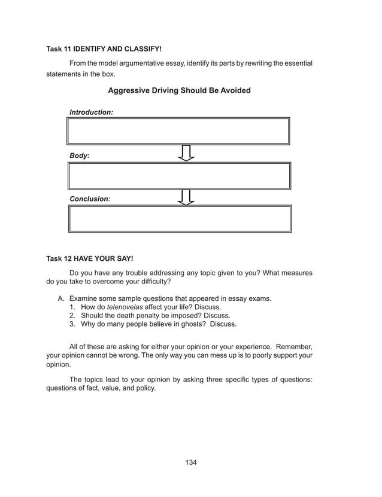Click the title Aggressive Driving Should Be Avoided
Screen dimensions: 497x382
click(x=179, y=91)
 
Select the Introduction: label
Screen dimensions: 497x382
click(x=91, y=112)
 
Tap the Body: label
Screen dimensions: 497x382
click(x=80, y=155)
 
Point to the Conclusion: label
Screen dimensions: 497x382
click(x=90, y=198)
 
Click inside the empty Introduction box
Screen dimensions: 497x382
click(x=179, y=131)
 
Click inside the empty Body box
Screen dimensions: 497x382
click(x=179, y=176)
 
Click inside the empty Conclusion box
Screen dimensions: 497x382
click(x=179, y=218)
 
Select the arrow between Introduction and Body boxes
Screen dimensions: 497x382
click(x=187, y=153)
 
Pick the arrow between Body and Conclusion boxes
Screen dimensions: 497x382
click(x=187, y=197)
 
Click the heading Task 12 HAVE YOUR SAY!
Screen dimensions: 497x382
click(x=90, y=259)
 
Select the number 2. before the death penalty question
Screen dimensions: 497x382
click(x=72, y=315)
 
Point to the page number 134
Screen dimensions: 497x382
click(x=191, y=462)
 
